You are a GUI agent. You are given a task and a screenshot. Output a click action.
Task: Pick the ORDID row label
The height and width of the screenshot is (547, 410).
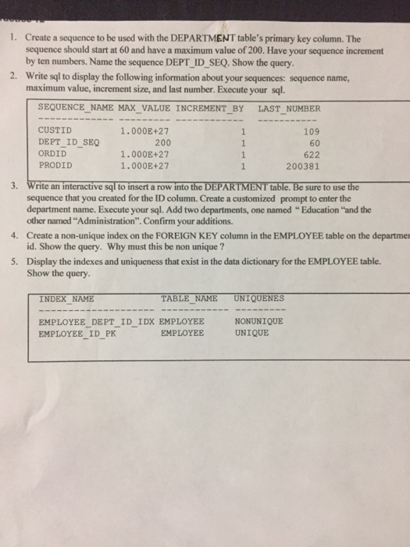52,154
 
